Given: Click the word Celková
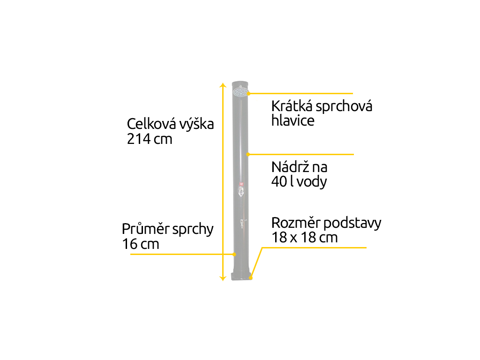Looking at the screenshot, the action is coord(151,124).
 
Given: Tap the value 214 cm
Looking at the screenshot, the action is coord(150,139).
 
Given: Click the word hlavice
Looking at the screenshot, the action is coord(292,120).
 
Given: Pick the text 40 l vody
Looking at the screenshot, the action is coord(299,181).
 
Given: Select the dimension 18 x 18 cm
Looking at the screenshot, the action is coord(305,238).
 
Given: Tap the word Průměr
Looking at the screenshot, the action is coord(145,229).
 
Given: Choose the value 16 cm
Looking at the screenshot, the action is coord(141,244).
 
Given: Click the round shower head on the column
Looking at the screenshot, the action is coord(240,91).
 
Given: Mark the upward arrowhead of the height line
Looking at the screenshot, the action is coord(223,85).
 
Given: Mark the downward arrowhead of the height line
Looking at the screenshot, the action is coord(223,278).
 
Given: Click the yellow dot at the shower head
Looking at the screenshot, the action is coord(248,93).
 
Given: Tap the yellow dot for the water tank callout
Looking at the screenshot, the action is coord(248,155).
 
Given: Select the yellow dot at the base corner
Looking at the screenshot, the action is coord(251,278).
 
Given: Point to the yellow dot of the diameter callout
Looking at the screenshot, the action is coord(234,255).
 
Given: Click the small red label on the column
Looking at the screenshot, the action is coord(241,184).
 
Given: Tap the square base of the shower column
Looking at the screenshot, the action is coord(241,276).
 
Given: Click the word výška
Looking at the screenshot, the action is coord(196,124).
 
